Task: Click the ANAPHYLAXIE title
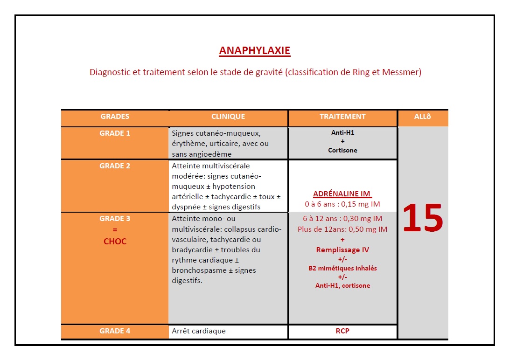[254, 51]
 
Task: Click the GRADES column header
[115, 117]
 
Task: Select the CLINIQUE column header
[228, 117]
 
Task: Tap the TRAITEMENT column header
[342, 117]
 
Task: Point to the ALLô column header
[423, 117]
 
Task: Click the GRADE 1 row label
[115, 133]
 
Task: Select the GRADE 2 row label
[115, 166]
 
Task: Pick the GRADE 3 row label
[115, 219]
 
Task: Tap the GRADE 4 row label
[115, 331]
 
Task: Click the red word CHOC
[115, 242]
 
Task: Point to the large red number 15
[422, 219]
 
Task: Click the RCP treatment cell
[342, 331]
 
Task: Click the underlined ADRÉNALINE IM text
[342, 194]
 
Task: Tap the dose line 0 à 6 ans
[342, 204]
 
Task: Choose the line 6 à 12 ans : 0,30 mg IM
[342, 219]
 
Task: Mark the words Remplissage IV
[342, 250]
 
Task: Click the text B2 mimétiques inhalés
[342, 268]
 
